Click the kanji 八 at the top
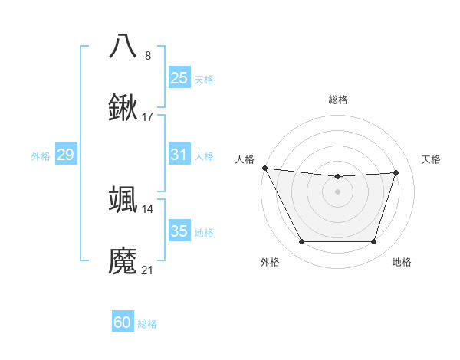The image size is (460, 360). (x=123, y=46)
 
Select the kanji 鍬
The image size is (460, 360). (x=123, y=108)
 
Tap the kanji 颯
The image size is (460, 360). (x=123, y=199)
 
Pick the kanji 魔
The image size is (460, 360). (x=123, y=261)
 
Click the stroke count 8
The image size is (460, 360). (x=148, y=55)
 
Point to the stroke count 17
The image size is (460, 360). (x=148, y=117)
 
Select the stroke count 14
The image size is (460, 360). (x=148, y=208)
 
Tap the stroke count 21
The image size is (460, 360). (x=148, y=270)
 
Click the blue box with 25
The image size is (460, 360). (x=179, y=77)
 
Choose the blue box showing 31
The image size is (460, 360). (x=179, y=155)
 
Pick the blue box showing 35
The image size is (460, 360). (x=179, y=231)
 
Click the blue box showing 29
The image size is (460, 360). (x=65, y=155)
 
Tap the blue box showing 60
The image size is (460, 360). (x=123, y=322)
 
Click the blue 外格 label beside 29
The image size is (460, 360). (x=41, y=155)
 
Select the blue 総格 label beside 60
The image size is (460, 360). (x=147, y=324)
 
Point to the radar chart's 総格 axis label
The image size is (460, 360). (x=337, y=100)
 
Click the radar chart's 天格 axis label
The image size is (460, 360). (x=431, y=159)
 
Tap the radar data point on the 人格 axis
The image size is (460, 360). (x=264, y=168)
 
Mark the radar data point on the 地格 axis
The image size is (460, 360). (x=373, y=242)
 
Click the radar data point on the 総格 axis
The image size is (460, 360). (x=337, y=177)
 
